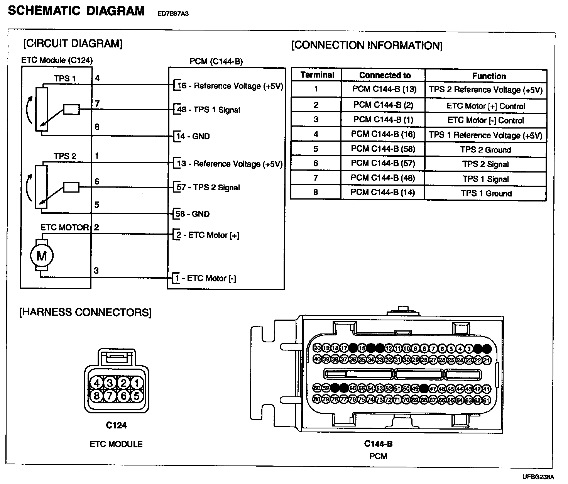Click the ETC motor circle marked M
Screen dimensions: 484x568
[42, 256]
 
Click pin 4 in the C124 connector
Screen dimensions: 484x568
[96, 383]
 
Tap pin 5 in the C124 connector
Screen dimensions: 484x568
[137, 396]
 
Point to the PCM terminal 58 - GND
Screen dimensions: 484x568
[193, 214]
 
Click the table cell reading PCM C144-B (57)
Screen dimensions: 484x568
[383, 164]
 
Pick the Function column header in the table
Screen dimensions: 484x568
[489, 76]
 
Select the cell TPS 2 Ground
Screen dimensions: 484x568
[485, 150]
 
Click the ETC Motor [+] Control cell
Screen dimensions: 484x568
[485, 106]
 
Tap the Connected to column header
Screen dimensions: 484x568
[385, 75]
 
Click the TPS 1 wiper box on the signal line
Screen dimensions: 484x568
[71, 110]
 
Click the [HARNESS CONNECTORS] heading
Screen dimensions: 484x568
[85, 312]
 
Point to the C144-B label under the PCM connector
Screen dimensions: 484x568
[378, 444]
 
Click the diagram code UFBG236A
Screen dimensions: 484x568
[538, 476]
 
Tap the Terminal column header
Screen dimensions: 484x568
[317, 75]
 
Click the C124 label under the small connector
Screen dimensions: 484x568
[116, 425]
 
